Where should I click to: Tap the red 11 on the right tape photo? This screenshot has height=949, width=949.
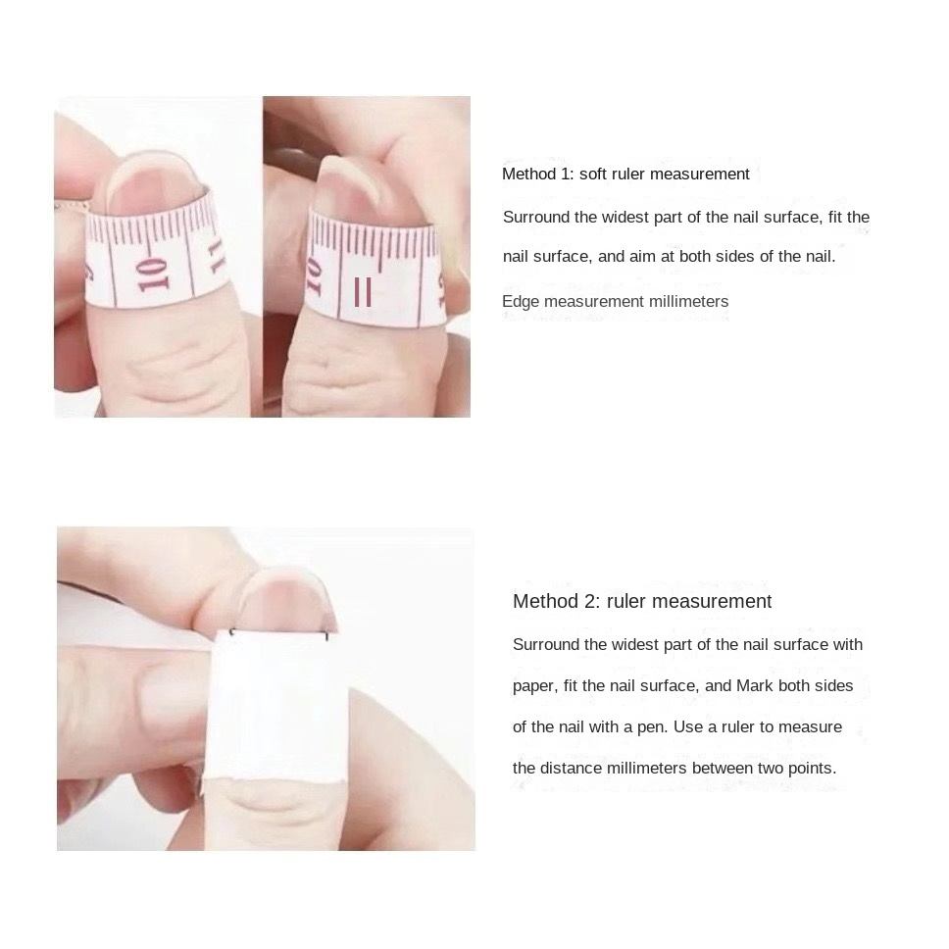pyautogui.click(x=363, y=292)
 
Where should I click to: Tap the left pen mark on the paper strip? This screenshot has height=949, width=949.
pyautogui.click(x=231, y=633)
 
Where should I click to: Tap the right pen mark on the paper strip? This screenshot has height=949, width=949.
pyautogui.click(x=327, y=636)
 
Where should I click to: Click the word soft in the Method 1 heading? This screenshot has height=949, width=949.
pyautogui.click(x=593, y=174)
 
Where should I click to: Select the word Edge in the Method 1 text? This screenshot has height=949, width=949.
pyautogui.click(x=521, y=302)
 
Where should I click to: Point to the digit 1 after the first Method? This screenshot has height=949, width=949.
pyautogui.click(x=566, y=175)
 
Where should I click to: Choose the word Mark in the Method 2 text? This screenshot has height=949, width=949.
pyautogui.click(x=754, y=685)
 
